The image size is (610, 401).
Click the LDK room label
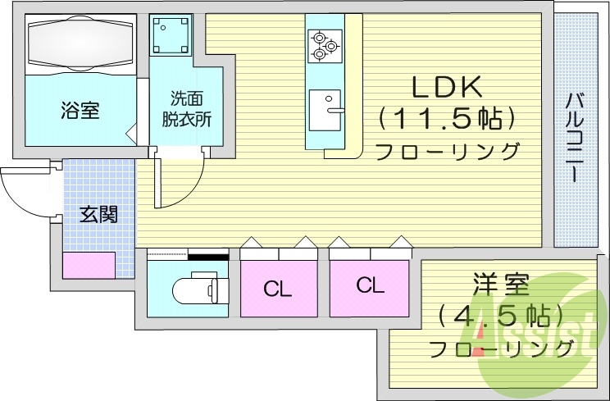pos(446,86)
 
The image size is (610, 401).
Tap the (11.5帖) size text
pos(447,120)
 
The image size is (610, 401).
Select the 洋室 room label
pos(501,286)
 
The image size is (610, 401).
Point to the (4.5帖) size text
pos(501,317)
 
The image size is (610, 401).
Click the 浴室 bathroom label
pos(80,111)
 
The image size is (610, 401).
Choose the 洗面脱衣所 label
pos(185,108)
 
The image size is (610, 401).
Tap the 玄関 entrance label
pos(98,215)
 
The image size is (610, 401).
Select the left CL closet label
pos(278,289)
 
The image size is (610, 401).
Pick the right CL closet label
pos(370,285)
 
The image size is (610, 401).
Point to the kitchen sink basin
pos(327,110)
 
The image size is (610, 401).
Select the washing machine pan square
pos(171,35)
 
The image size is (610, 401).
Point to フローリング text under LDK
pos(447,152)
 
